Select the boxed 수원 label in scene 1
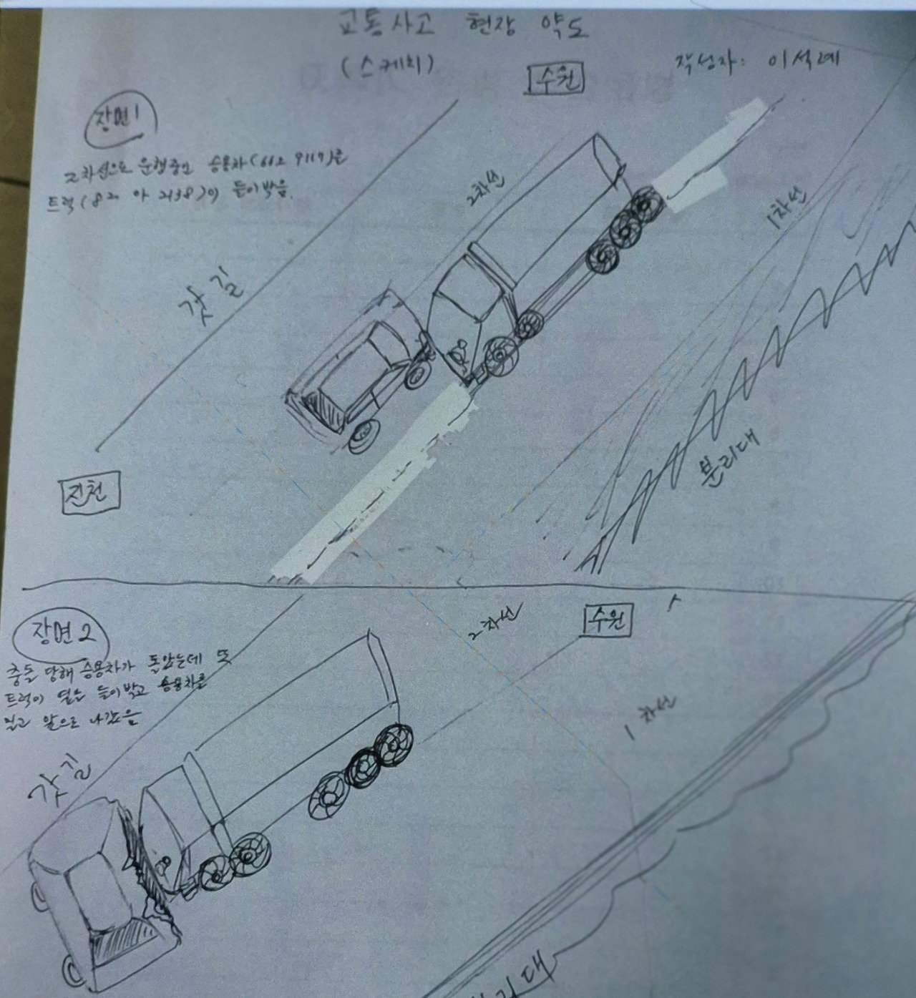click(556, 79)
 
